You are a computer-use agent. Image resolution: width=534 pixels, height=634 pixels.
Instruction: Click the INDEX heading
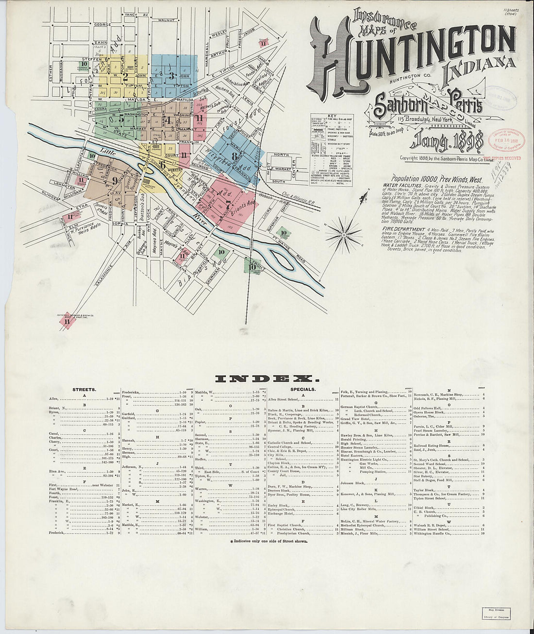[x=267, y=378]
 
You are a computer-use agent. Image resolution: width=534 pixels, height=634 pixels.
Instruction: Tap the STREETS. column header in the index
[x=84, y=390]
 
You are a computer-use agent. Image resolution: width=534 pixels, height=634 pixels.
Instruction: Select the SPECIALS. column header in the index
[x=303, y=390]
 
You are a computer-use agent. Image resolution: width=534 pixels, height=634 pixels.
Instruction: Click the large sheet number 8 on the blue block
[x=234, y=156]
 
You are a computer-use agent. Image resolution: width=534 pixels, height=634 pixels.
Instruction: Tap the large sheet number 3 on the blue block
[x=171, y=75]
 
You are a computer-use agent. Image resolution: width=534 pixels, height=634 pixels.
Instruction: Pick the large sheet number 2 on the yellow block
[x=125, y=75]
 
